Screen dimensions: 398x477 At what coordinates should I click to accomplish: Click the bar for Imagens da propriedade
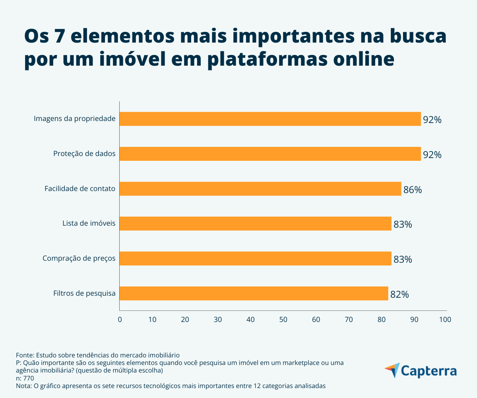point(270,119)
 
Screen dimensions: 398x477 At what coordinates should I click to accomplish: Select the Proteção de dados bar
point(270,154)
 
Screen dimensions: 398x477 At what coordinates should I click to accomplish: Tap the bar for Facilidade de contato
point(260,189)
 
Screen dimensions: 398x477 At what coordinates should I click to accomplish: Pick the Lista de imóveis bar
point(256,224)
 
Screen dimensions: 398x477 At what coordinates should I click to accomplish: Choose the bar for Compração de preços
point(256,258)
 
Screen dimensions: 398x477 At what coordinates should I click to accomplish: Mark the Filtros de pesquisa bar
point(254,293)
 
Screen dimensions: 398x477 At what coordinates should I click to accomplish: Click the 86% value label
point(413,189)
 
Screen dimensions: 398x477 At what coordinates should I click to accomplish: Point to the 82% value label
point(399,295)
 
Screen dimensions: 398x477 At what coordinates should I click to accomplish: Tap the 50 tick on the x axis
point(283,319)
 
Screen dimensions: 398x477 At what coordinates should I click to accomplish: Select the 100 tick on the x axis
point(445,319)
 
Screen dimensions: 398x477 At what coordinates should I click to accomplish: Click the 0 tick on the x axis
point(120,319)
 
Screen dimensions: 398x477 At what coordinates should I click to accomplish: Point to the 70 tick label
point(349,319)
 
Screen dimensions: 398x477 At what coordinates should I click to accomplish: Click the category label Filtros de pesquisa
point(84,294)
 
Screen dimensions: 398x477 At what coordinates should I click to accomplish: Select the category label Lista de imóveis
point(89,224)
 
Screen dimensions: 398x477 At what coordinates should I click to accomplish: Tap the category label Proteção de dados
point(84,154)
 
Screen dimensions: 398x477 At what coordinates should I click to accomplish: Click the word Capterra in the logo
point(429,371)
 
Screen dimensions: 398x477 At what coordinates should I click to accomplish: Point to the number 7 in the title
point(59,37)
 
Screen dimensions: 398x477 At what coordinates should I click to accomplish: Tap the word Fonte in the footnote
point(25,355)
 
